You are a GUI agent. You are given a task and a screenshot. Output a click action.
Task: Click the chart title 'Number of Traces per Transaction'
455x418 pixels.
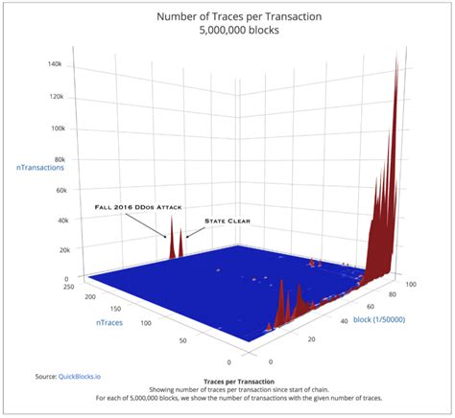click(x=227, y=16)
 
